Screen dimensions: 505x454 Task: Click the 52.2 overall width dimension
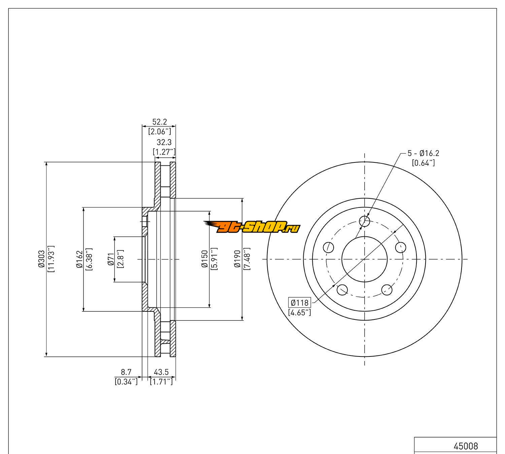click(x=160, y=122)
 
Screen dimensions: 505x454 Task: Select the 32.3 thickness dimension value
click(x=164, y=142)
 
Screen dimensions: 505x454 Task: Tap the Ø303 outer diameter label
click(x=41, y=259)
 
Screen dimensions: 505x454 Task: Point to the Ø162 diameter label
click(x=79, y=259)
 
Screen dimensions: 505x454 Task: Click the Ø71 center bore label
click(x=111, y=259)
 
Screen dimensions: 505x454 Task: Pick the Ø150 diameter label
click(x=205, y=259)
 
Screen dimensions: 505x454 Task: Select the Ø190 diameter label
click(x=237, y=259)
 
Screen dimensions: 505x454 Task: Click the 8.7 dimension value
click(x=126, y=372)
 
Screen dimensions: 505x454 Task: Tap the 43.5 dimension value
click(x=161, y=372)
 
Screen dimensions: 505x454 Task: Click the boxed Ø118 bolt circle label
click(x=300, y=302)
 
